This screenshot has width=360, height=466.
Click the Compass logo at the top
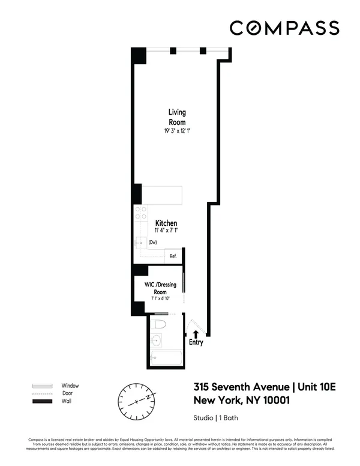284,28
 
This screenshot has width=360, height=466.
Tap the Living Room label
176,117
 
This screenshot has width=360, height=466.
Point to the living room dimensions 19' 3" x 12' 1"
176,131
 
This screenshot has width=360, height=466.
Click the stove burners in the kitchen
141,213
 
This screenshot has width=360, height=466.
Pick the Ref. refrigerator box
173,256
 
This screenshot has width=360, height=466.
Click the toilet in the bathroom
159,325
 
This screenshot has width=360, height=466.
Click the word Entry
196,343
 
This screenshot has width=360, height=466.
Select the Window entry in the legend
70,386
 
